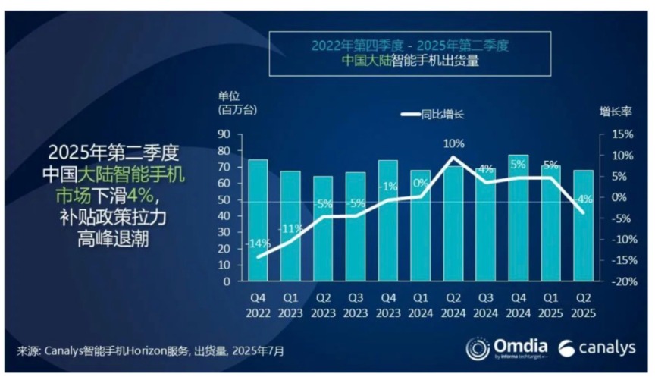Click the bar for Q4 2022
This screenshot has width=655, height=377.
point(258,228)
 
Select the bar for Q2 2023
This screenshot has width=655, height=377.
point(323,243)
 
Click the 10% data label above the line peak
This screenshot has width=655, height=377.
point(453,143)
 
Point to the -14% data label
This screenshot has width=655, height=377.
point(258,243)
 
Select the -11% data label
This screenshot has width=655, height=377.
point(290,228)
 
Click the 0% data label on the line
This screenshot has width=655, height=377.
point(421,183)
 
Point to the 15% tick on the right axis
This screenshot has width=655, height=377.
point(615,134)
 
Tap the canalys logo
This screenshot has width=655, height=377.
point(598,348)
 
